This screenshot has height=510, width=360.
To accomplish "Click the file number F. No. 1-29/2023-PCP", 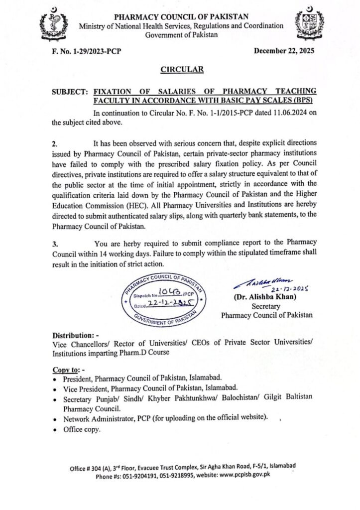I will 82,51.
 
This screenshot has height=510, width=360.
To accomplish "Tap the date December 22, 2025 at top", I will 284,50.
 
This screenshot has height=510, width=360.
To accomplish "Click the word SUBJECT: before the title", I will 68,92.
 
